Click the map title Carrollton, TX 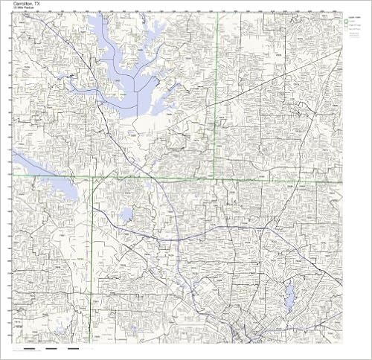pos(26,4)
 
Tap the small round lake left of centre pos(126,216)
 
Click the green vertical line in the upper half pos(217,89)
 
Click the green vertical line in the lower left pos(92,260)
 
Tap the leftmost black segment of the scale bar pos(32,348)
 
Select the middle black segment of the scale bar pos(53,348)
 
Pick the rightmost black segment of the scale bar pos(73,348)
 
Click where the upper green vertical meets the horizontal pos(216,179)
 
